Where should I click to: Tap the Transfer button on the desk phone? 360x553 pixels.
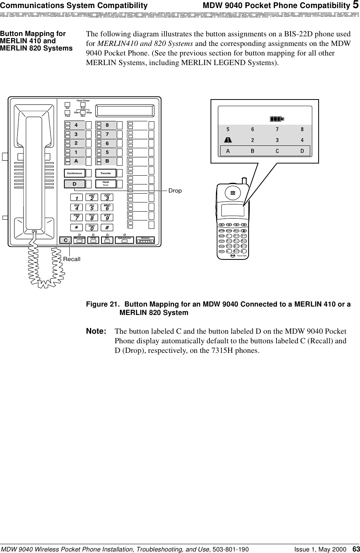coord(105,173)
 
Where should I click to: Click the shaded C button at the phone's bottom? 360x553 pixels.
coord(66,240)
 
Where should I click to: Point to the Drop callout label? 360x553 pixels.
coord(175,190)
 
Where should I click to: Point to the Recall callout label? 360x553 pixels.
coord(72,259)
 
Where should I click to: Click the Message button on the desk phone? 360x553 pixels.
coord(79,240)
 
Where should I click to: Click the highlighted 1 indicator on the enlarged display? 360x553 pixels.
coord(227,140)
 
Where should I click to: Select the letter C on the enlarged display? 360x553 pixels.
coord(277,151)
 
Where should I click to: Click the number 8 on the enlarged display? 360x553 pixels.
coord(302,129)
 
